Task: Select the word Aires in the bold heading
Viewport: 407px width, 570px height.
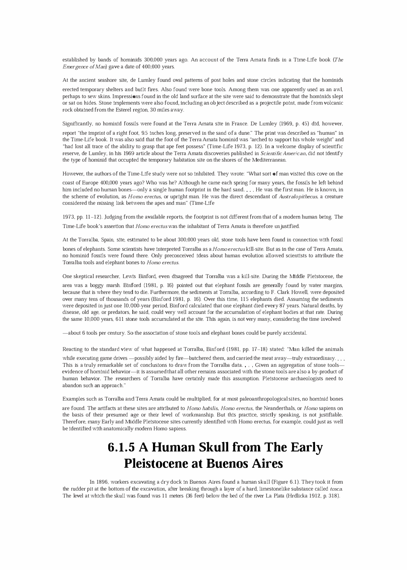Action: [x=265, y=463]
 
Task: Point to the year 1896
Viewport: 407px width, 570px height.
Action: [x=102, y=482]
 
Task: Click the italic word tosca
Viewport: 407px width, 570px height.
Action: [x=336, y=489]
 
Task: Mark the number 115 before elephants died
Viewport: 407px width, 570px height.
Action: [x=250, y=298]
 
